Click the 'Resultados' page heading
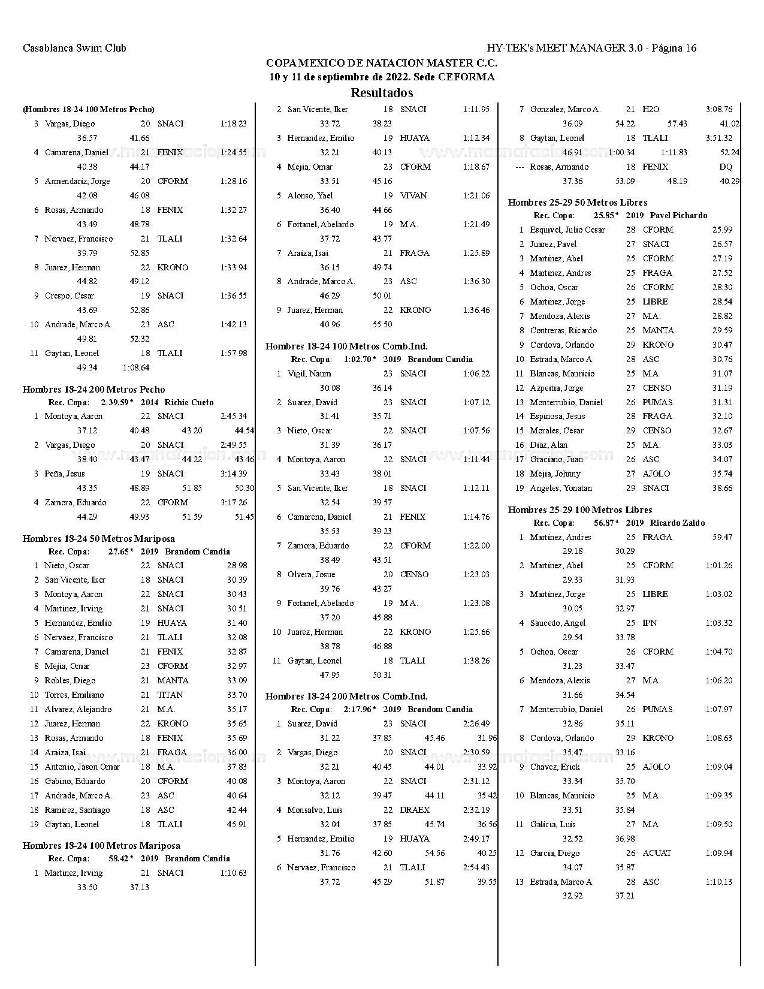(382, 93)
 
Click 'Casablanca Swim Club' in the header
(74, 48)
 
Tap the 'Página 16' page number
(674, 48)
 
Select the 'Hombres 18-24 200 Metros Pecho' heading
(93, 390)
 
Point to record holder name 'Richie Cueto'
(189, 402)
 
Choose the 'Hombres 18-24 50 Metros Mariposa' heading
(99, 539)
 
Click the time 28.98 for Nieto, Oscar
(237, 565)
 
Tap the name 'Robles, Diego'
(70, 680)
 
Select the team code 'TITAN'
(170, 695)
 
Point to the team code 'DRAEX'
(415, 810)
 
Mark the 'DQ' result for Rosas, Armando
(725, 167)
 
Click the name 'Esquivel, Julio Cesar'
(567, 230)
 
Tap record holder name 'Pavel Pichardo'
(678, 215)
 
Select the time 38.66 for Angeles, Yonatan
(722, 488)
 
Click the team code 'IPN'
(650, 623)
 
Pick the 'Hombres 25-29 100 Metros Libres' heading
(579, 510)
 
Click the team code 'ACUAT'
(657, 853)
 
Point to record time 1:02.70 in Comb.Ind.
(358, 359)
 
